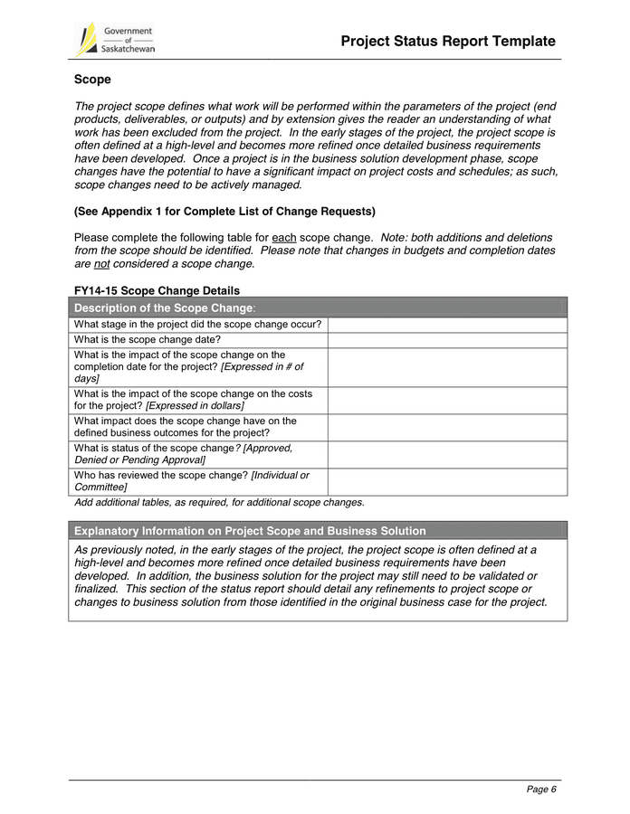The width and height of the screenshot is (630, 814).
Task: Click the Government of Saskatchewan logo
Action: pyautogui.click(x=114, y=40)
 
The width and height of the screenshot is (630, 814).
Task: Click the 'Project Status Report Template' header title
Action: pyautogui.click(x=448, y=42)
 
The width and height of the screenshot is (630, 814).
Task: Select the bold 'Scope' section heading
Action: pyautogui.click(x=92, y=80)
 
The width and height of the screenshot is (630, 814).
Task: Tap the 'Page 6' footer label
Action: pyautogui.click(x=541, y=790)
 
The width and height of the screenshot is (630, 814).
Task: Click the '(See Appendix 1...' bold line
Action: pyautogui.click(x=224, y=212)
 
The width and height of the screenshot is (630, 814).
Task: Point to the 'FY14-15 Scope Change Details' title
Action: pyautogui.click(x=157, y=290)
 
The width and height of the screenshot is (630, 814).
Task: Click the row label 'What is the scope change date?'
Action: pyautogui.click(x=148, y=340)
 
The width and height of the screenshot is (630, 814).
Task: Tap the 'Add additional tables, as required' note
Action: pyautogui.click(x=219, y=502)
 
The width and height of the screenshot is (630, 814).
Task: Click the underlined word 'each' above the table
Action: pyautogui.click(x=285, y=238)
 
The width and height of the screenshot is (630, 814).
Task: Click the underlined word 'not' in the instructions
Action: pyautogui.click(x=102, y=264)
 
